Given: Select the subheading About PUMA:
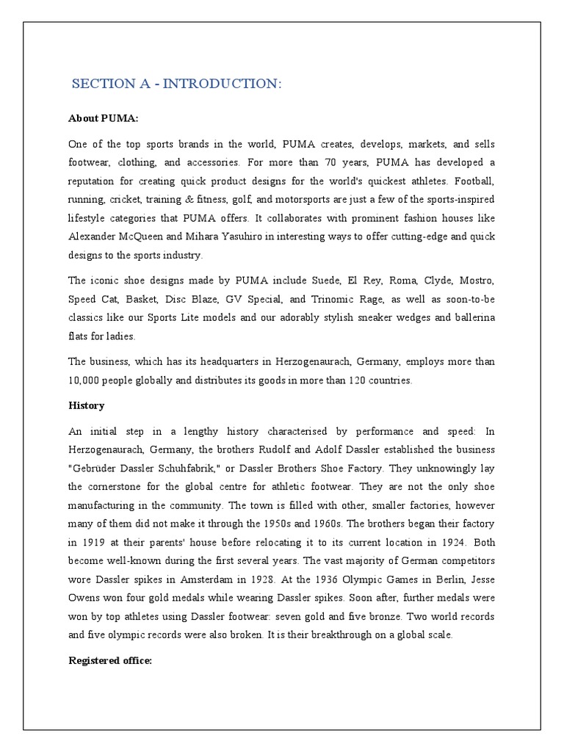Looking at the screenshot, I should (x=103, y=117).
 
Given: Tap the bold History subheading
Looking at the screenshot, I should (x=87, y=405).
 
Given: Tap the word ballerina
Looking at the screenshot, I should (x=471, y=317).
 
